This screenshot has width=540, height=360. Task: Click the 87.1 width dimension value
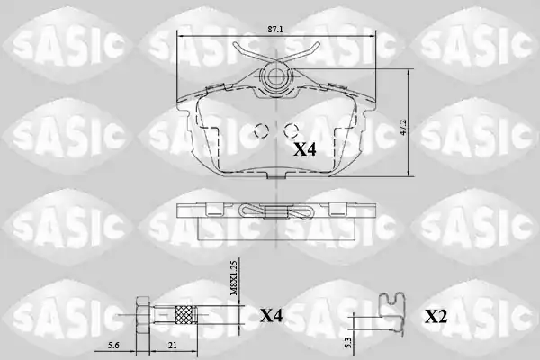[275, 30]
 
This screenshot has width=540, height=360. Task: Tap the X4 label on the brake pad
[305, 150]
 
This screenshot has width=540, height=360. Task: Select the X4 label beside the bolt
[271, 316]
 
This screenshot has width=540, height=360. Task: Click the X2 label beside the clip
[436, 317]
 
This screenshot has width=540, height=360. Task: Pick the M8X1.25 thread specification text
[234, 278]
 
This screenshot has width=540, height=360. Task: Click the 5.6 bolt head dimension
[113, 346]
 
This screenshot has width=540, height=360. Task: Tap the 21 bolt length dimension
[173, 346]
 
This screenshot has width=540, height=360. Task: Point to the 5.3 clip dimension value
[347, 342]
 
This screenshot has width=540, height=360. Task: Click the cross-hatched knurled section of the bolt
[185, 315]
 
